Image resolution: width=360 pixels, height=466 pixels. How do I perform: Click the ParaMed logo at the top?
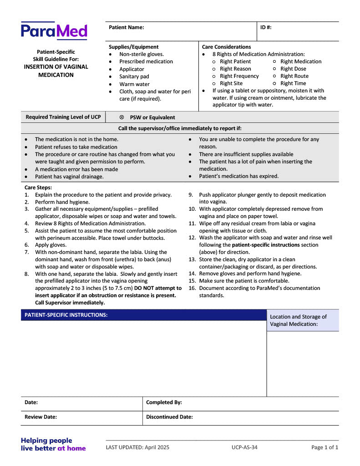click(x=54, y=31)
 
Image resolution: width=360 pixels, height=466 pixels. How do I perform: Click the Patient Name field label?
click(x=126, y=27)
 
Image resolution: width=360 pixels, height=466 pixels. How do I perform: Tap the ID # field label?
click(x=266, y=27)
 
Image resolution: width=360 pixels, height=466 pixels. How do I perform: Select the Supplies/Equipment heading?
click(x=133, y=47)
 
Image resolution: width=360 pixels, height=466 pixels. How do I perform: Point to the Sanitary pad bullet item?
click(x=134, y=76)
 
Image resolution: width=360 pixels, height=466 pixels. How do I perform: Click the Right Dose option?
click(x=293, y=69)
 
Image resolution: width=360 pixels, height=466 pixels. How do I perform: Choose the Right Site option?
click(x=231, y=83)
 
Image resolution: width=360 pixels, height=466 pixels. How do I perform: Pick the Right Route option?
click(x=294, y=76)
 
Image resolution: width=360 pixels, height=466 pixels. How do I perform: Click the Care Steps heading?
click(x=38, y=187)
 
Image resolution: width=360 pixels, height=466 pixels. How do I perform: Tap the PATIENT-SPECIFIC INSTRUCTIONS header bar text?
click(x=66, y=315)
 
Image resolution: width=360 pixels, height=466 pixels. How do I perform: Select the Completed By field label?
click(x=164, y=402)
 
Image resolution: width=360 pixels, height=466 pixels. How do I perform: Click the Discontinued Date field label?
click(x=169, y=416)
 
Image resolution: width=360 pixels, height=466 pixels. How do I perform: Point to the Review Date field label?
click(x=41, y=416)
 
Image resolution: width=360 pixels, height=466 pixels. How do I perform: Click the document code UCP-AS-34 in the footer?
click(x=244, y=447)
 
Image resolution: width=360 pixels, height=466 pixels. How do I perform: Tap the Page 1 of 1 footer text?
click(x=325, y=447)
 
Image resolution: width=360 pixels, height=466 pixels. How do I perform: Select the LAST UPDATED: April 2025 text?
click(x=137, y=447)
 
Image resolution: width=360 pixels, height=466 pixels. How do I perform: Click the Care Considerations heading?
click(x=226, y=47)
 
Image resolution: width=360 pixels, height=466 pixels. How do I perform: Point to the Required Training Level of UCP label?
click(x=63, y=117)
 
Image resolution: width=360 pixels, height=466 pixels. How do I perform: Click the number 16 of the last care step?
click(x=192, y=288)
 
